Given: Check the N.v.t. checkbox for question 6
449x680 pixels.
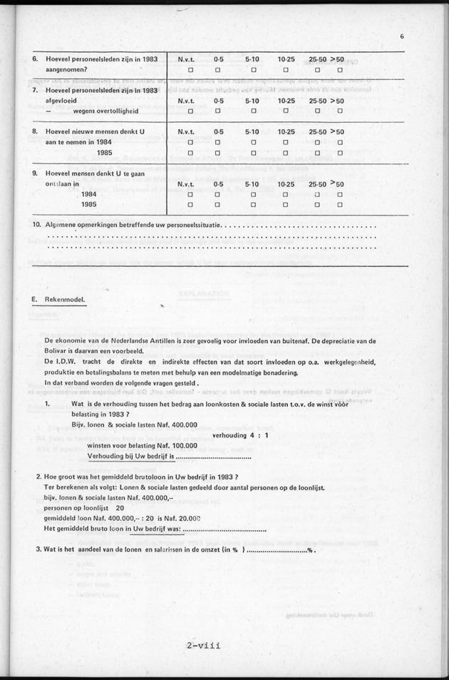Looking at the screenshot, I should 190,70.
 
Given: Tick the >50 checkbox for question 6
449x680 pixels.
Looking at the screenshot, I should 340,70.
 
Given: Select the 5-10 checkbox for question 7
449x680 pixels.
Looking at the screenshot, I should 252,111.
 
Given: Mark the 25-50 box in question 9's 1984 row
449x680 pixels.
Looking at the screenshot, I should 316,194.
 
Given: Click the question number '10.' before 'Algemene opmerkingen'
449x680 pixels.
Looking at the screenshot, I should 37,225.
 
